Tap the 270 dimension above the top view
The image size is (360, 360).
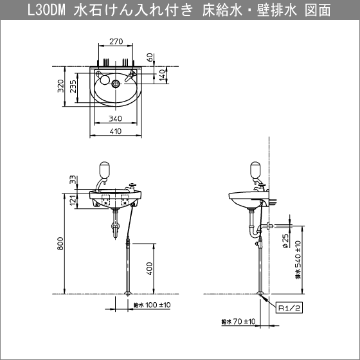[x=116, y=41]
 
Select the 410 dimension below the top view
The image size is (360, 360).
[x=116, y=132]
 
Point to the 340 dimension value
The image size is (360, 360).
[x=116, y=118]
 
